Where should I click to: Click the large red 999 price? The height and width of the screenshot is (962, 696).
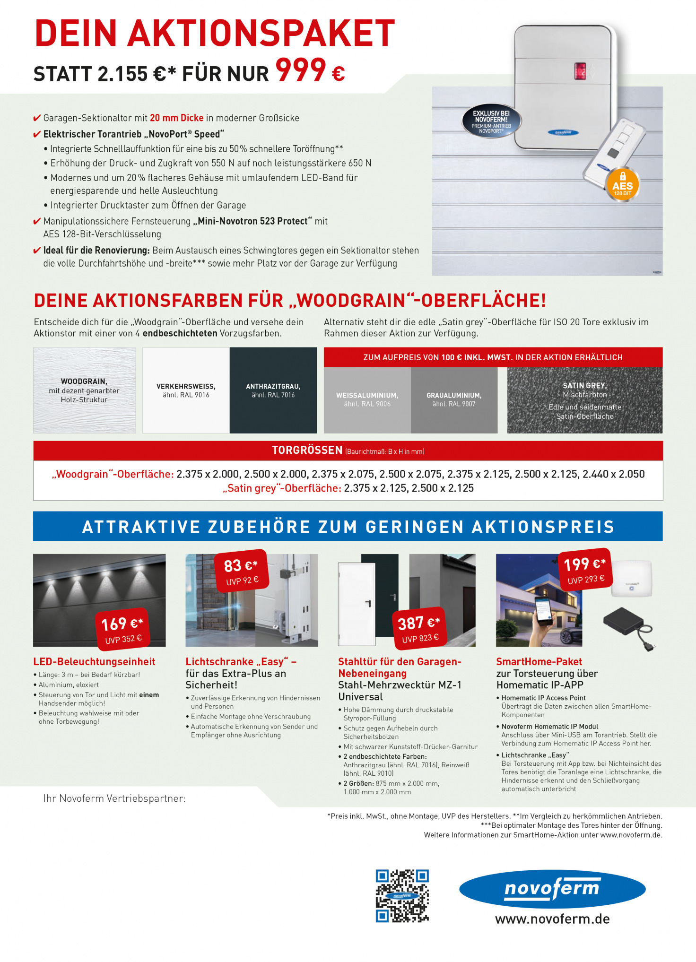(x=301, y=70)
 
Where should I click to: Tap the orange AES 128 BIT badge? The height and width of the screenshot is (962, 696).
(x=622, y=185)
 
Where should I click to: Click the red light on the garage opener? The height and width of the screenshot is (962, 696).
(x=580, y=71)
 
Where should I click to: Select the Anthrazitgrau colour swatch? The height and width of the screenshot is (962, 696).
(x=273, y=390)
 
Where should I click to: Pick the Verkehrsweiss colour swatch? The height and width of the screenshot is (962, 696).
(x=186, y=390)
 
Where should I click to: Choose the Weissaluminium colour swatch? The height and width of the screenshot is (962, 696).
(x=367, y=399)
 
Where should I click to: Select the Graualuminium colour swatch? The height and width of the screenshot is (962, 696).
(x=454, y=399)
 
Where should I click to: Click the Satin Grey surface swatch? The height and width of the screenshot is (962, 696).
(x=584, y=400)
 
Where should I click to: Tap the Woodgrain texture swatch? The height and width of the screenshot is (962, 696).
(x=84, y=390)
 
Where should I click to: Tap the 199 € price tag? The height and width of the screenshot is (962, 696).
(x=585, y=570)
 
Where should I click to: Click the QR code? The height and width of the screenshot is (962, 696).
(x=402, y=896)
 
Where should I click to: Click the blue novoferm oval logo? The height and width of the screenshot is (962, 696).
(x=552, y=889)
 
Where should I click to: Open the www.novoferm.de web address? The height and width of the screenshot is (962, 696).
(x=552, y=919)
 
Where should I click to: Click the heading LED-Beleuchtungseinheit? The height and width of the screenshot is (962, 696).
(x=94, y=661)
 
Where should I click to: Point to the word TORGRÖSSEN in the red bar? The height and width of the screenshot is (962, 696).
(x=307, y=450)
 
